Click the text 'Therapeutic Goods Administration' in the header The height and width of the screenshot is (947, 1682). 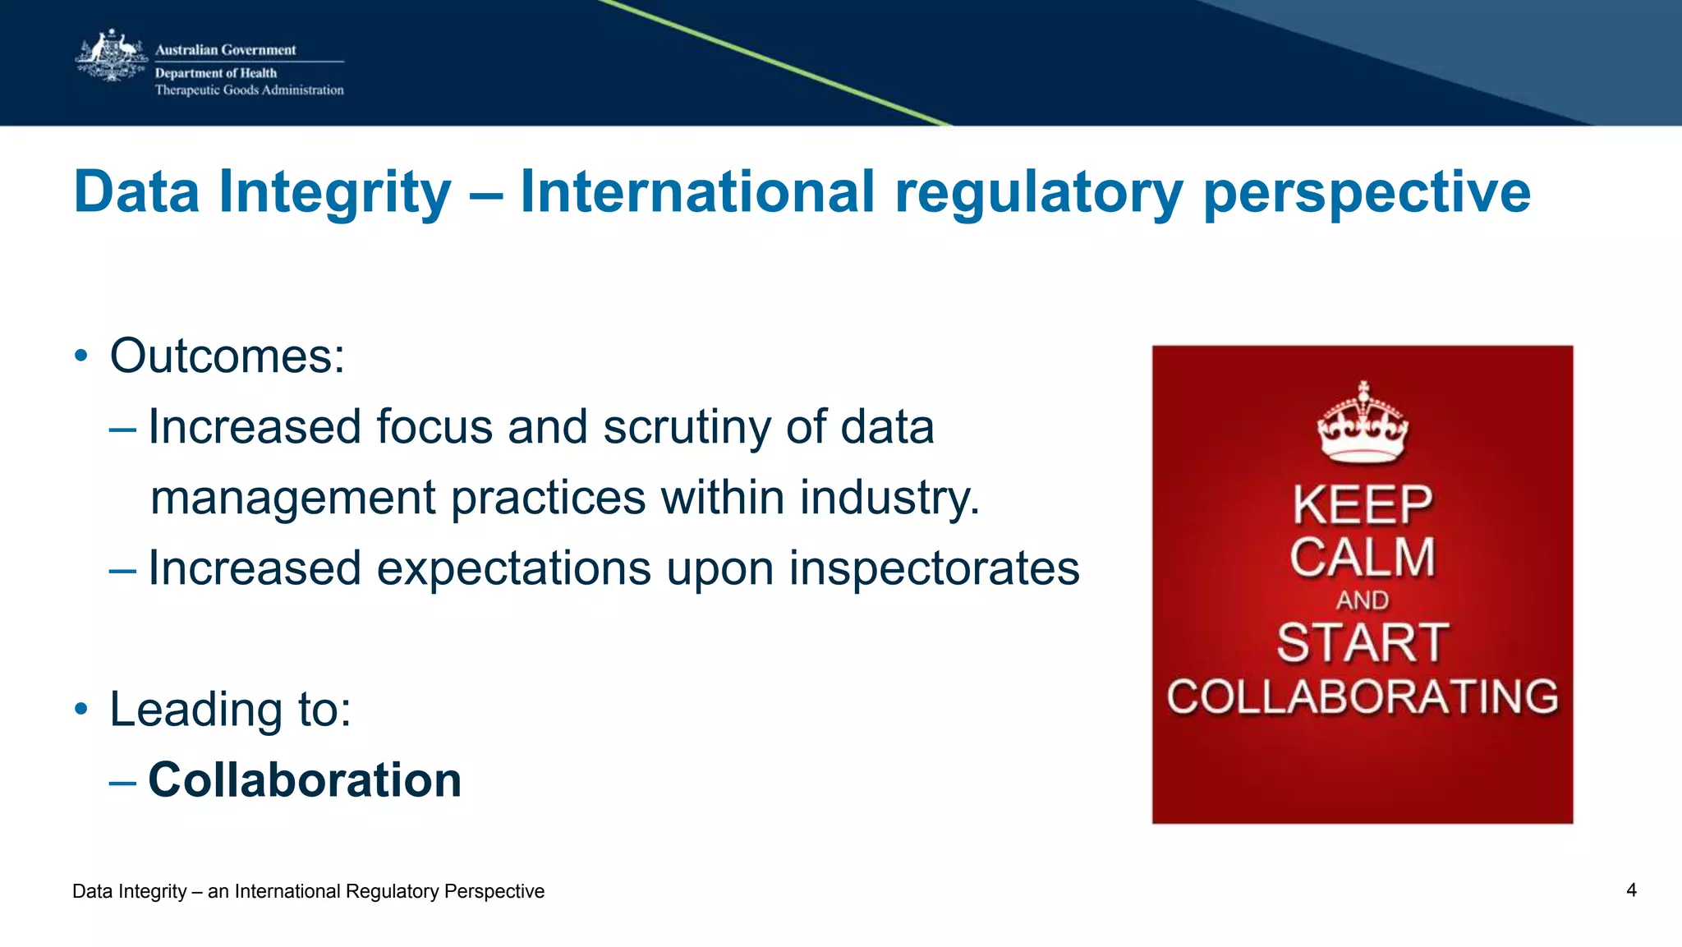249,90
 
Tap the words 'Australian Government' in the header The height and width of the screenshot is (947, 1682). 225,50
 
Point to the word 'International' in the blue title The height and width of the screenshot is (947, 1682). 697,191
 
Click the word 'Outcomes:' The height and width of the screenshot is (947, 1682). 227,356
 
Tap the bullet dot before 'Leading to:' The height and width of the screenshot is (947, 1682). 80,709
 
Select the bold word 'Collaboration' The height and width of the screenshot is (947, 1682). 305,779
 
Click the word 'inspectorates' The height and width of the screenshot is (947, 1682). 934,568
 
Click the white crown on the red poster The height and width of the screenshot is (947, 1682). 1363,422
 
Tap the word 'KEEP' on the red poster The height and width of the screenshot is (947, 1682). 1363,504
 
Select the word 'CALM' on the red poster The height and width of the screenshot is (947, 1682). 1363,558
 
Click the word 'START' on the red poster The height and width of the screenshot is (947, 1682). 1363,642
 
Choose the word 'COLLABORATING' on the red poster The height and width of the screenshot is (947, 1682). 1363,696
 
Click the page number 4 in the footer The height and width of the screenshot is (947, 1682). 1631,890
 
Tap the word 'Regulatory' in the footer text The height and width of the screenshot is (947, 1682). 392,892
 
